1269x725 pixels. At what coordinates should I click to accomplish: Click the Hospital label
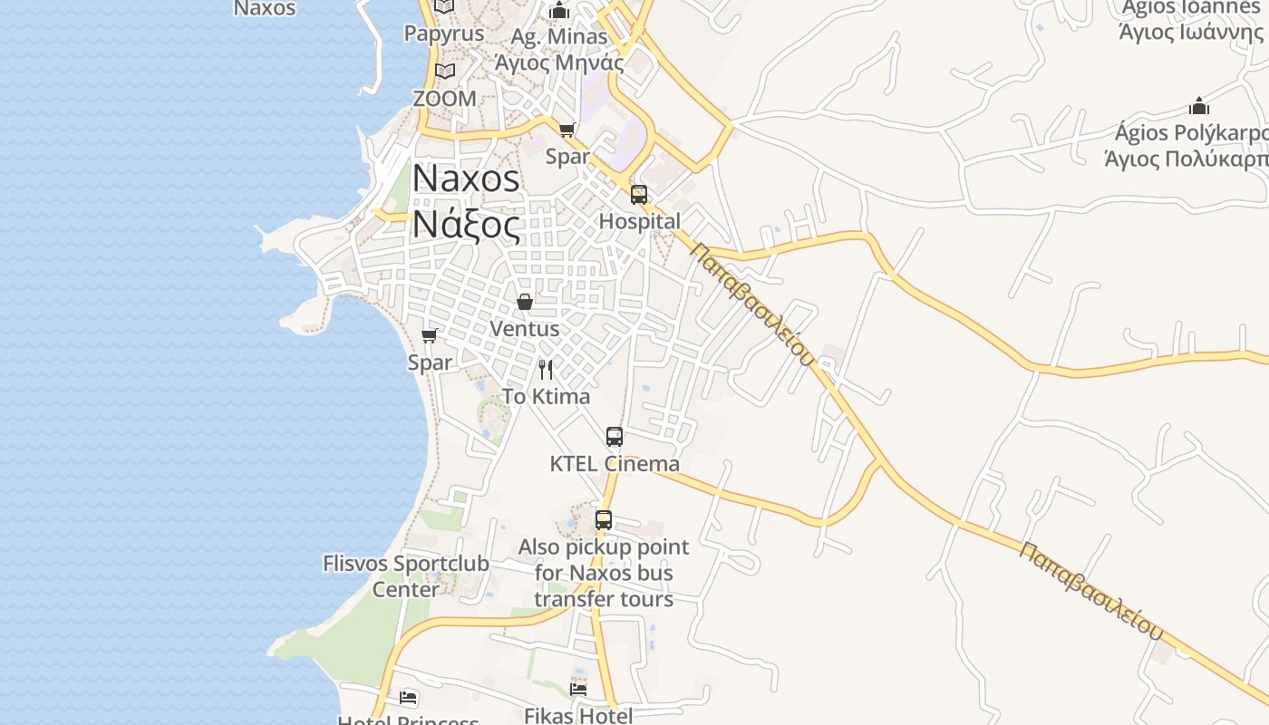639,221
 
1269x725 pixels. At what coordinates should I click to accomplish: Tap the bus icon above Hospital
639,194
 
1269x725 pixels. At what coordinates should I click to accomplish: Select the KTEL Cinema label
615,464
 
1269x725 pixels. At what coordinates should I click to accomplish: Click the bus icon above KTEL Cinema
615,437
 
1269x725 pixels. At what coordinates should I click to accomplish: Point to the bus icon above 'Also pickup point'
604,520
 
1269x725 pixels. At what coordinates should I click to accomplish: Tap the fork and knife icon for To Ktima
546,370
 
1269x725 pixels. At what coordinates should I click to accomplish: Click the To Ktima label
546,396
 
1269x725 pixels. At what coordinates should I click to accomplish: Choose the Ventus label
524,328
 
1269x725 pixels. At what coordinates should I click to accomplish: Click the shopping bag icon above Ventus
524,302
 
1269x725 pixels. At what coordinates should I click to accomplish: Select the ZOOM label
444,98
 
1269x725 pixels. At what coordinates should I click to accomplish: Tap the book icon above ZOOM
444,72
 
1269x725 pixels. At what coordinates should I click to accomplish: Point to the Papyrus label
444,34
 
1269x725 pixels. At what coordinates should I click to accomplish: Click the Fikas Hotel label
578,715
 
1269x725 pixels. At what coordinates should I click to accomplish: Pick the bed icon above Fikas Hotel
578,689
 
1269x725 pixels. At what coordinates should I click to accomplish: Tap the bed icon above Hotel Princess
409,697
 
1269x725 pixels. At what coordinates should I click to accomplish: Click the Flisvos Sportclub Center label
406,576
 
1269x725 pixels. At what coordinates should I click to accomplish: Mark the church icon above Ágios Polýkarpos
1199,106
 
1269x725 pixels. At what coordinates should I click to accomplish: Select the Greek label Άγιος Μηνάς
559,63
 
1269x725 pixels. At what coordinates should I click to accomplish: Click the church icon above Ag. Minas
559,11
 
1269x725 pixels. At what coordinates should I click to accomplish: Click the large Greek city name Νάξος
467,224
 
